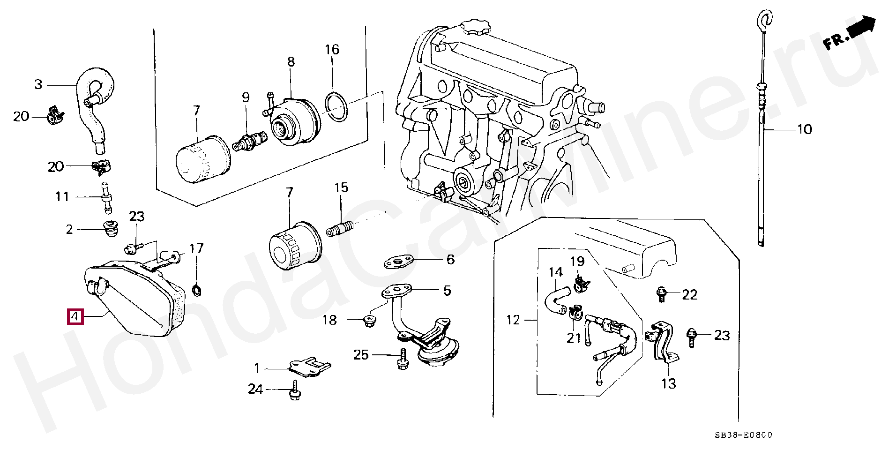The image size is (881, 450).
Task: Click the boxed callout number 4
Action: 75,317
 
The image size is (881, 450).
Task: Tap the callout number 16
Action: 332,49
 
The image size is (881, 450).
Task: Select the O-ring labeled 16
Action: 336,107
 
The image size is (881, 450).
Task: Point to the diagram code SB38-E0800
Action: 743,435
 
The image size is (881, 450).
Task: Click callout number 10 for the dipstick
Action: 805,129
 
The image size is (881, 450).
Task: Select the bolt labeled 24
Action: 294,390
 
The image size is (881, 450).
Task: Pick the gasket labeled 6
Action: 399,262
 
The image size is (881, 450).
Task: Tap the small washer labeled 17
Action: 197,290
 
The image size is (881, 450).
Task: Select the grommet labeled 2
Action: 111,228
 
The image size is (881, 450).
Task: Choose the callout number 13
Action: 668,383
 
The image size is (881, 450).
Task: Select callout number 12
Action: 513,320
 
